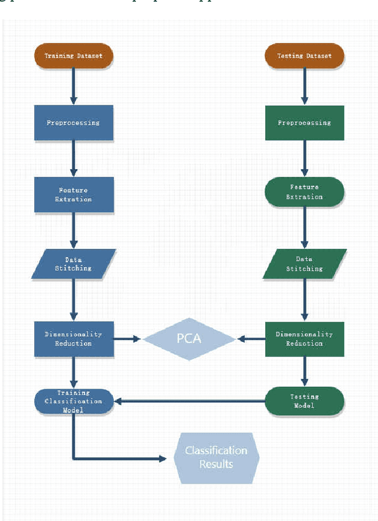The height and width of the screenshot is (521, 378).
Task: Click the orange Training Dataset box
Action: coord(73,56)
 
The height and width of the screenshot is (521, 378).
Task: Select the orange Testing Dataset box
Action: coord(304,56)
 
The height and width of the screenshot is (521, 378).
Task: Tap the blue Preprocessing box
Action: coord(73,123)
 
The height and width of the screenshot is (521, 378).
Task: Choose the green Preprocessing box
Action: coord(304,123)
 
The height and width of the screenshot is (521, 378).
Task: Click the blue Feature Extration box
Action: coord(73,195)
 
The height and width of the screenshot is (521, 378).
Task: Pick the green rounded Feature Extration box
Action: coord(304,192)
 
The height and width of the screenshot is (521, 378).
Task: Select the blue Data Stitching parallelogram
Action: coord(73,264)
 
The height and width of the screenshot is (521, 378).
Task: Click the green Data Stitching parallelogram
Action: coord(304,264)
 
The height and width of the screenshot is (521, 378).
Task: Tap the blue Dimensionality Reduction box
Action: coord(73,339)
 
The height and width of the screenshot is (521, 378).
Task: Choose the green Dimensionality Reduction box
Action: coord(304,339)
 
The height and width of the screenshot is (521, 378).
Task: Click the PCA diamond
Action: coord(189,339)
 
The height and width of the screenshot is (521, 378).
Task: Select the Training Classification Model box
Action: coord(73,401)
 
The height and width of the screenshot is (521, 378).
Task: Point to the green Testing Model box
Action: coord(304,401)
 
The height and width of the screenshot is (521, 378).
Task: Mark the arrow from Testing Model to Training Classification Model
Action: coord(189,401)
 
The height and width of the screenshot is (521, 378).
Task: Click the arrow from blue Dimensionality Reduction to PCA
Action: coord(127,339)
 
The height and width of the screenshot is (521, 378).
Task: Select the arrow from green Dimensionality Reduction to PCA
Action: coord(251,339)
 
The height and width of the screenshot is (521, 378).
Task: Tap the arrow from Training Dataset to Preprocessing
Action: coord(73,85)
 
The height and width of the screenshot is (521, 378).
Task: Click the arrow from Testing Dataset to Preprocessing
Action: coord(304,85)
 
